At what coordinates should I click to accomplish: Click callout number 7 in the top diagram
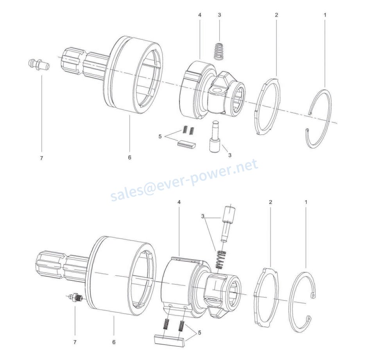[41, 158]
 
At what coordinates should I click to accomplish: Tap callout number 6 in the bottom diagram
[114, 342]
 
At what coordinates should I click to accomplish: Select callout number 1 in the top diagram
[325, 15]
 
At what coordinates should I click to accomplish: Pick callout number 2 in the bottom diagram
[270, 202]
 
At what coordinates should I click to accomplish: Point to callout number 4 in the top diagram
[200, 15]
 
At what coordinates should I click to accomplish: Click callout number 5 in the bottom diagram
[200, 333]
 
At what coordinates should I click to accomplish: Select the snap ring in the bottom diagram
[305, 301]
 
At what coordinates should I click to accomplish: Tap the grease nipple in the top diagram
[38, 64]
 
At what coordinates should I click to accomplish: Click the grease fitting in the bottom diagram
[75, 298]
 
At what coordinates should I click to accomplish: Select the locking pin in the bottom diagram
[227, 223]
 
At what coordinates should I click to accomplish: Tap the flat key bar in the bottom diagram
[169, 338]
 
